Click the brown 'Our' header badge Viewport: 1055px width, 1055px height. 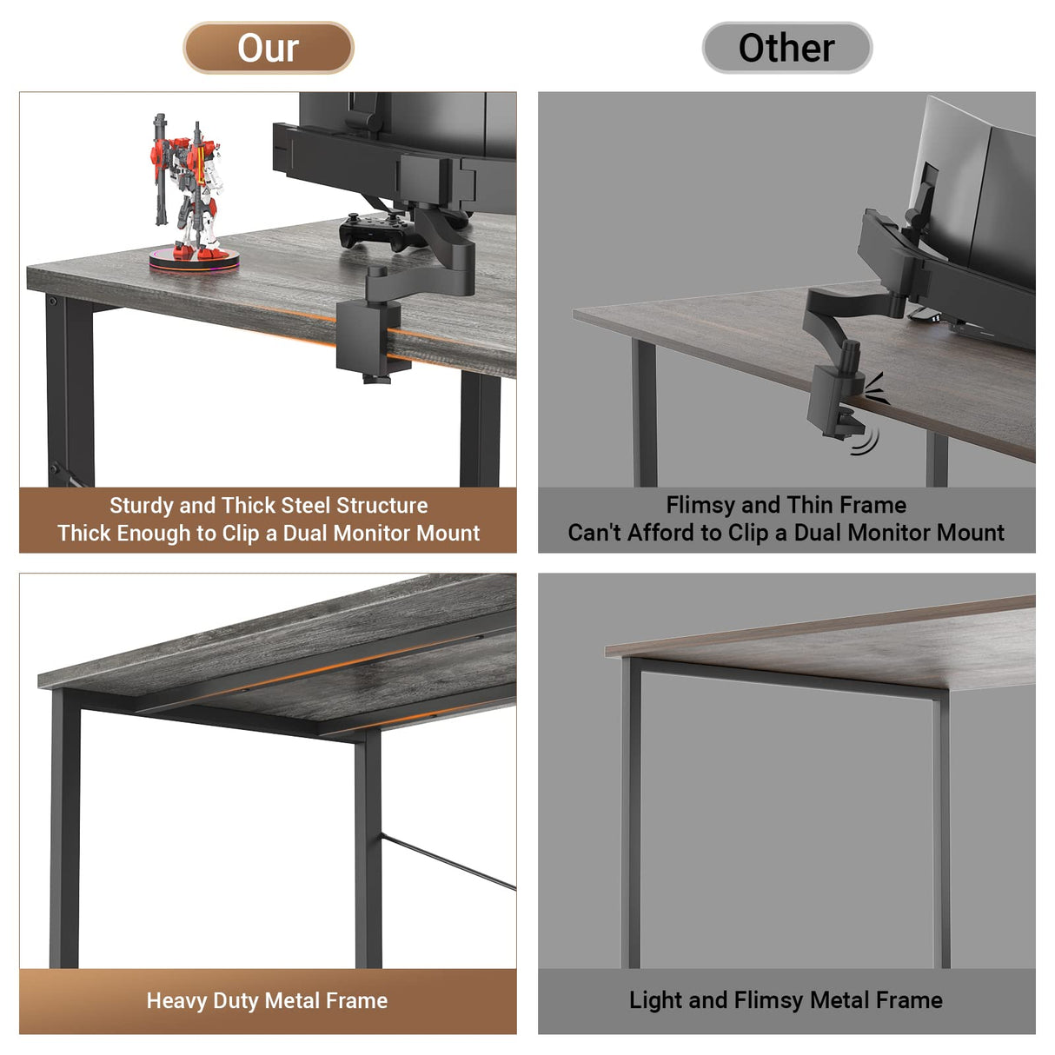[268, 48]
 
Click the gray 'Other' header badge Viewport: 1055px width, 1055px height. [786, 48]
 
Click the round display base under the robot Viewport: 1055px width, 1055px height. [193, 259]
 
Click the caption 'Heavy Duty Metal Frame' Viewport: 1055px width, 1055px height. [267, 1001]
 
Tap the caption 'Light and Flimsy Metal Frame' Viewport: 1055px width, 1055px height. [786, 1001]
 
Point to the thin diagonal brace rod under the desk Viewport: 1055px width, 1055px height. [448, 862]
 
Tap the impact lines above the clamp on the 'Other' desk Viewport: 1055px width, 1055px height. [876, 388]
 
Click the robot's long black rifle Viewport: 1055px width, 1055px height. [160, 169]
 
